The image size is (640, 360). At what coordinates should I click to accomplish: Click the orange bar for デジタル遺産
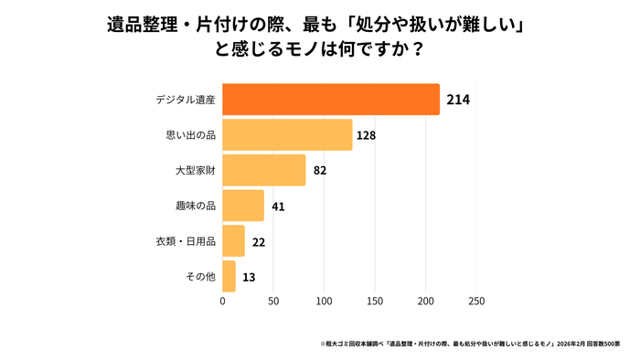(331, 99)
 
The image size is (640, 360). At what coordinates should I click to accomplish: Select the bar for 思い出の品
(287, 134)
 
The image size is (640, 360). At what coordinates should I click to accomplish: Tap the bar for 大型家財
(264, 170)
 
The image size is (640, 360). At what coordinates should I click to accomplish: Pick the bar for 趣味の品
(243, 206)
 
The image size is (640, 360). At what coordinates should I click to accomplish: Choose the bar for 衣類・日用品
(234, 241)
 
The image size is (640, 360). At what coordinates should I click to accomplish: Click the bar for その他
(229, 276)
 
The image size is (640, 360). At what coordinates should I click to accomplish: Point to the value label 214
(458, 99)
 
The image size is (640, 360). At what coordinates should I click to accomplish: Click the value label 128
(367, 135)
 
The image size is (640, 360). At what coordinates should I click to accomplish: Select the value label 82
(320, 171)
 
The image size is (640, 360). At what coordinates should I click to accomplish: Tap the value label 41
(278, 206)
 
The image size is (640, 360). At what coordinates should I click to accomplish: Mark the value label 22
(259, 242)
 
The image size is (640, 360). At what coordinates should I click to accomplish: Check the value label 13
(250, 277)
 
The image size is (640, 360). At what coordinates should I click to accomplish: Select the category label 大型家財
(195, 171)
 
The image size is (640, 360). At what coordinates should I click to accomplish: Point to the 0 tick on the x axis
(223, 300)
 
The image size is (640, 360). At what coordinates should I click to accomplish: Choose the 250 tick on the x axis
(476, 300)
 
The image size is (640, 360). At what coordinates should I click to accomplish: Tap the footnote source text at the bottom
(470, 344)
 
